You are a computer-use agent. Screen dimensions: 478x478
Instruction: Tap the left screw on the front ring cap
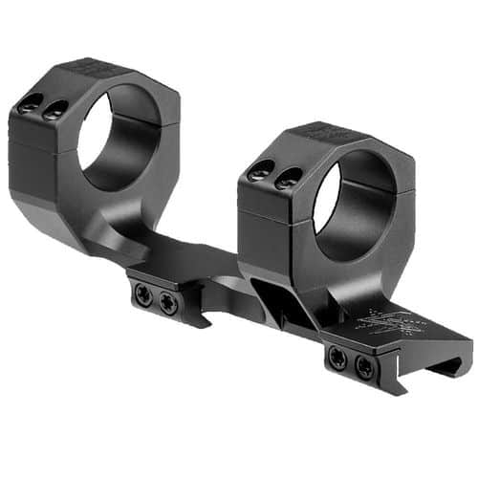point(256,174)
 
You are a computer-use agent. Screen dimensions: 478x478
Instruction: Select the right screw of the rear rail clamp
point(169,304)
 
